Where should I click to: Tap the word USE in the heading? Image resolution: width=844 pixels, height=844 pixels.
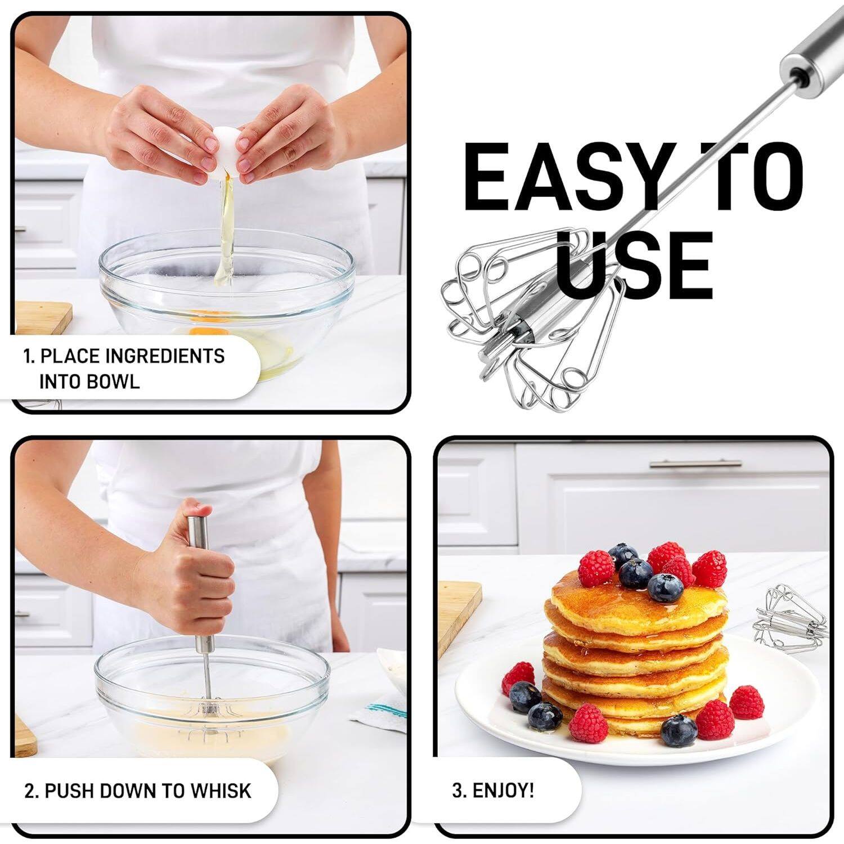634,266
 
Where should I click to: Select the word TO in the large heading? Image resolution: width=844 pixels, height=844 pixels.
754,176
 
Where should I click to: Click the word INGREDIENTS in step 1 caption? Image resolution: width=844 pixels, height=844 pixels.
164,356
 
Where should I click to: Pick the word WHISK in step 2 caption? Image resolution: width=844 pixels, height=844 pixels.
221,791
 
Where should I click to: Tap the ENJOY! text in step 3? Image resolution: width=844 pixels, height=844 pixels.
503,790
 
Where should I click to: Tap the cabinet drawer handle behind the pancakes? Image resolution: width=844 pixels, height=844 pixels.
695,464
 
